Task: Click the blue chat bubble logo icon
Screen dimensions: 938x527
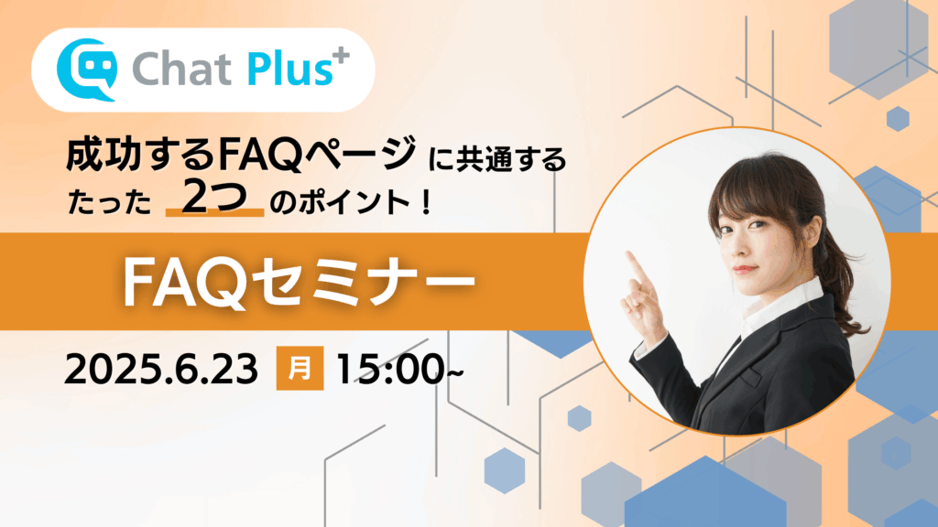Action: coord(87,70)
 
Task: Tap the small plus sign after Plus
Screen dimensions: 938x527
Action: coord(342,56)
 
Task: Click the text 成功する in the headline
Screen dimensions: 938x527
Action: coord(139,154)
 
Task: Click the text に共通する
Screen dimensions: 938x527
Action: coord(497,159)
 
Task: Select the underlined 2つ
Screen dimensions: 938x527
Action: coord(214,197)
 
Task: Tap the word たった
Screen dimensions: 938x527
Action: coord(110,202)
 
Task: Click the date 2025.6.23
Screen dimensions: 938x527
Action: coord(161,370)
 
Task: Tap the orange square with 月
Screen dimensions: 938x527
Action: coord(300,368)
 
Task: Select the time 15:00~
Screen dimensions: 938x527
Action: coord(399,370)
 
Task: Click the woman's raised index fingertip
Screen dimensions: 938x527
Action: coord(630,255)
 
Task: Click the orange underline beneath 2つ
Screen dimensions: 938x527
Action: coord(214,212)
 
